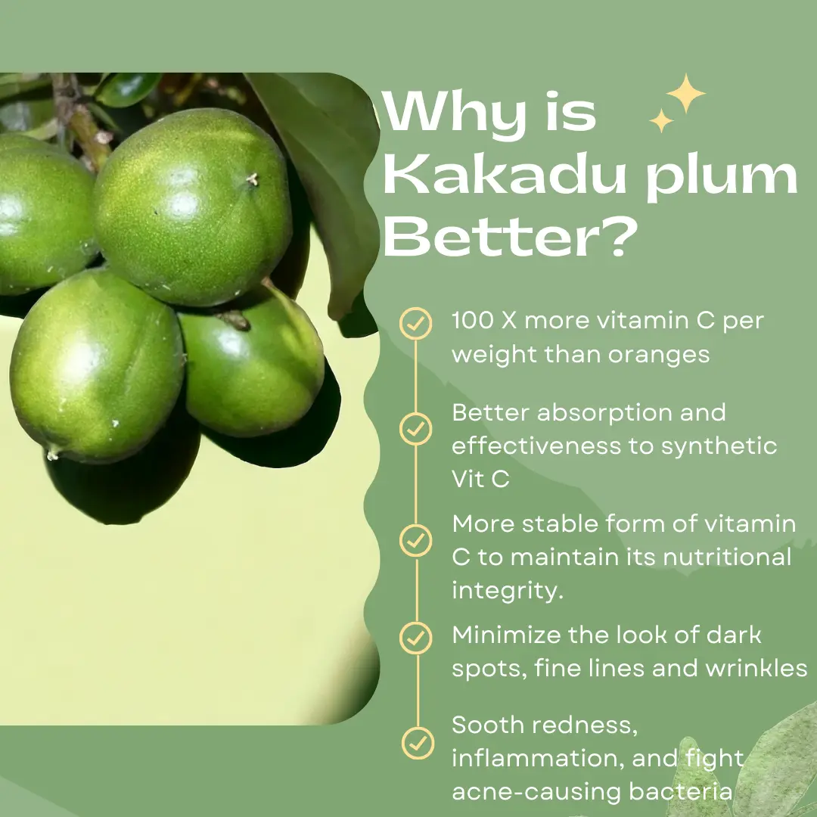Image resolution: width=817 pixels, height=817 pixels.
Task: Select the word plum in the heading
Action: [x=722, y=176]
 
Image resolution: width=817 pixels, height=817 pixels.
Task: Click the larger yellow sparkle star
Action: [x=685, y=93]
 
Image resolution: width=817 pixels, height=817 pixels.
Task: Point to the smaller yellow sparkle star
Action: [x=661, y=120]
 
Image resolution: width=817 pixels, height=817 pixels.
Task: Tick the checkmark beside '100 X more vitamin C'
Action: [x=416, y=324]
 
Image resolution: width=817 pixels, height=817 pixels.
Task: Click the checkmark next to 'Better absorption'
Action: [x=416, y=429]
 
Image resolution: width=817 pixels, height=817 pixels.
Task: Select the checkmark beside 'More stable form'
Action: [x=416, y=540]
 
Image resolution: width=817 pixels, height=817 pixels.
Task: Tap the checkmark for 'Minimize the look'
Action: [x=416, y=638]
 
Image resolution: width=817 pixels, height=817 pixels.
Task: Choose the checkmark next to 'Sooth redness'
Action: [x=418, y=743]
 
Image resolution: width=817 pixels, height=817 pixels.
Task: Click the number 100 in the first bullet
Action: [x=472, y=321]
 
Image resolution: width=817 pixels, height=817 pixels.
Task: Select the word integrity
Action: [x=508, y=592]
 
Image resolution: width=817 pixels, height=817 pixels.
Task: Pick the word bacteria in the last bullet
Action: [x=681, y=791]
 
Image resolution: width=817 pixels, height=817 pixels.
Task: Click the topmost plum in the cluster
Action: [x=193, y=207]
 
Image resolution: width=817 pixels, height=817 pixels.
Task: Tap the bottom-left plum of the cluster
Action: [x=98, y=366]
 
